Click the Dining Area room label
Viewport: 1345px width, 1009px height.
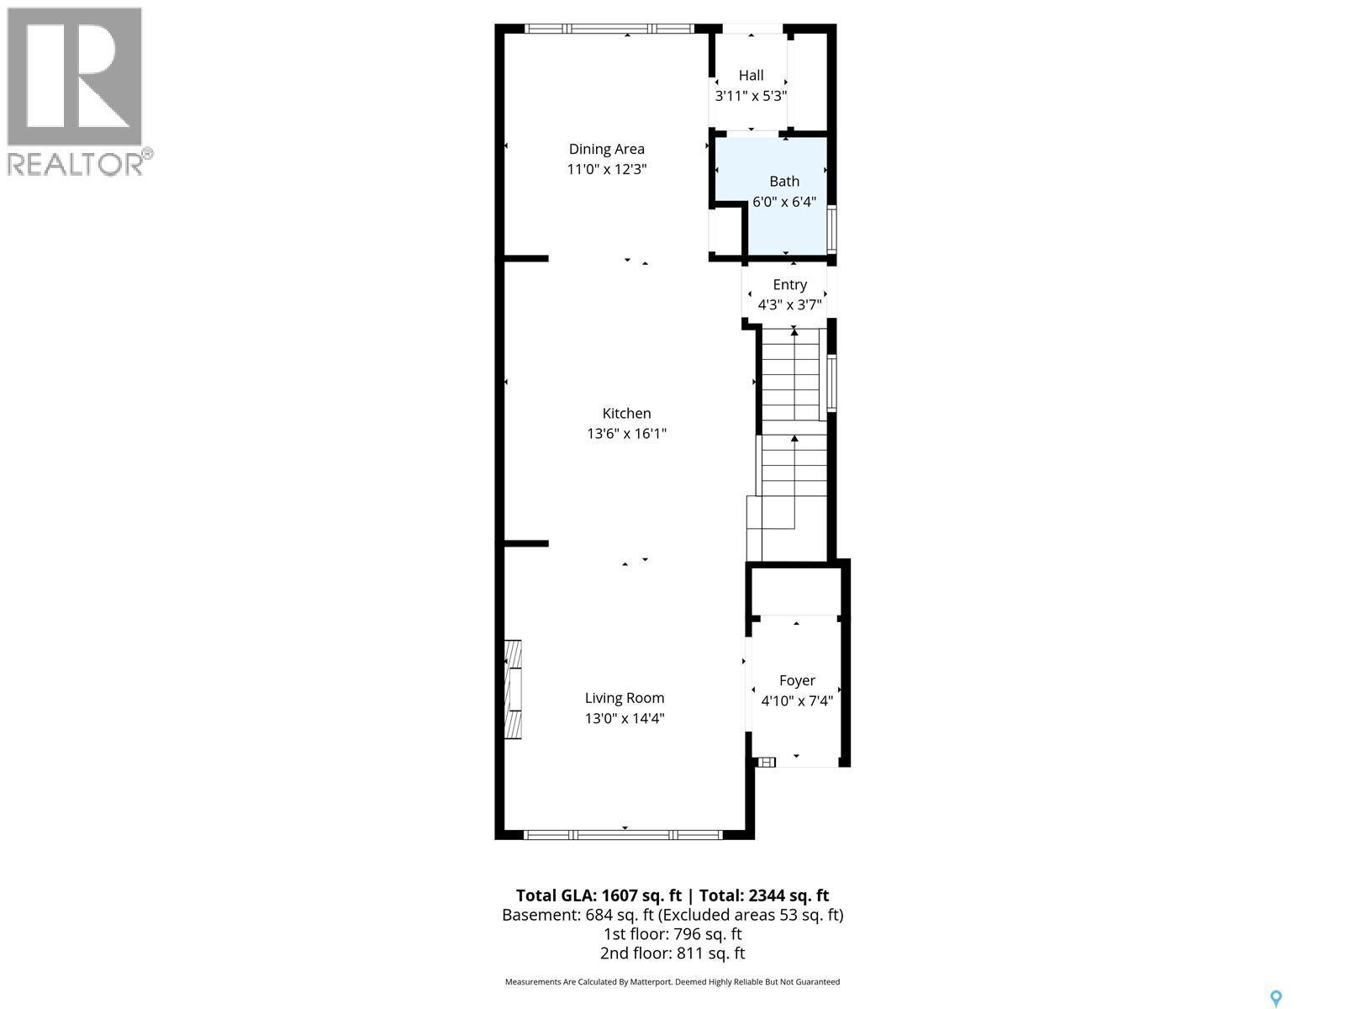pos(606,149)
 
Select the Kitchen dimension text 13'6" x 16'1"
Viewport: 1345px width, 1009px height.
pos(626,434)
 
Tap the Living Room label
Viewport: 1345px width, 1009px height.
pos(625,698)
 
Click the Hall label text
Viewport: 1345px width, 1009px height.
pos(751,76)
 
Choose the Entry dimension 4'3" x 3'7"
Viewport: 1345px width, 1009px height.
pos(789,305)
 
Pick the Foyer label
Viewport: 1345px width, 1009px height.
pos(797,680)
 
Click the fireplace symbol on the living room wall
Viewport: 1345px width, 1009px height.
pos(512,689)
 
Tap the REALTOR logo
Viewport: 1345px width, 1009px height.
pos(76,91)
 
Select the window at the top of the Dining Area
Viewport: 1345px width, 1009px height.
pos(609,29)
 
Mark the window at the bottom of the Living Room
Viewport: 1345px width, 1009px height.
pos(623,835)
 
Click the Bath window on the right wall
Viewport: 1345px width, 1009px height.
pos(832,230)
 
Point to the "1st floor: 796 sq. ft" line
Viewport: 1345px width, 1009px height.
pos(672,934)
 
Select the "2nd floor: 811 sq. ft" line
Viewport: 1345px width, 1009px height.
pos(672,954)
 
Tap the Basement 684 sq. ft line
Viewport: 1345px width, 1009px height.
pos(672,915)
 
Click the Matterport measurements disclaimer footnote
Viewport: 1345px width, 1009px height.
pos(672,982)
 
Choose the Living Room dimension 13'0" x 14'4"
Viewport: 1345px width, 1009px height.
pos(625,719)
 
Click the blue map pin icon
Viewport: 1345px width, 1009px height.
pos(1276,998)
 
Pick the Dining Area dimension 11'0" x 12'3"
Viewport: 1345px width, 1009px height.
pos(606,170)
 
